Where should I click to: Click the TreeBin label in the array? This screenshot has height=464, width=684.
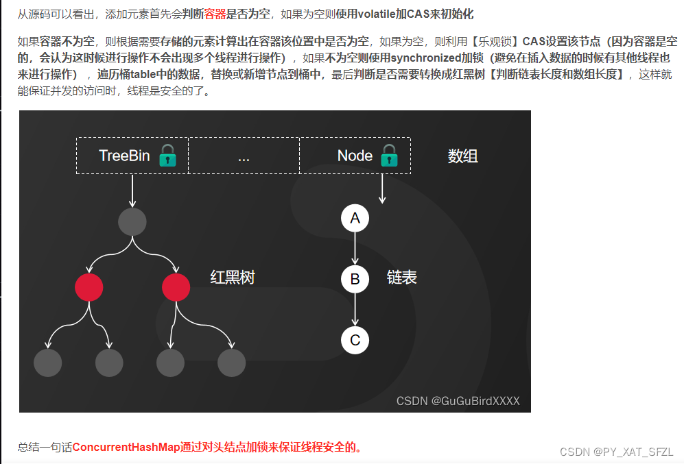[x=124, y=156]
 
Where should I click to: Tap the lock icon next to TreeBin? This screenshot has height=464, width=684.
[x=167, y=156]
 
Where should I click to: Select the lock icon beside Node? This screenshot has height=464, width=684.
[x=389, y=156]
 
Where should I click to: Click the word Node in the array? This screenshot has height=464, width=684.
[x=355, y=156]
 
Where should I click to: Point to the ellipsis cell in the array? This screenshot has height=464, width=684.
[x=244, y=157]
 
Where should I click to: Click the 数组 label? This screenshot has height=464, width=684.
[x=462, y=156]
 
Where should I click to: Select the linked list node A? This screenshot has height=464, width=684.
[x=355, y=219]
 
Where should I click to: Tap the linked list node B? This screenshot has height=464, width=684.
[x=355, y=280]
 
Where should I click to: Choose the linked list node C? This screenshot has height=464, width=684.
[x=355, y=341]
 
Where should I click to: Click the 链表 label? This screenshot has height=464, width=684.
[x=402, y=278]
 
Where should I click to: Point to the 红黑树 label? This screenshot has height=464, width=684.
[x=233, y=278]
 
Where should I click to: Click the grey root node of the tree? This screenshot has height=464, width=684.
[x=132, y=222]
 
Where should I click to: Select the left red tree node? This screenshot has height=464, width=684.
[x=89, y=287]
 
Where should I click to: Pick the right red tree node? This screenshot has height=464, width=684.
[x=176, y=287]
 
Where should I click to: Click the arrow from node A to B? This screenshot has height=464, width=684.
[x=355, y=249]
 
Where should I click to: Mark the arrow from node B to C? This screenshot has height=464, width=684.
[x=355, y=310]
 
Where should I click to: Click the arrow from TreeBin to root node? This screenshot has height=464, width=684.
[x=132, y=190]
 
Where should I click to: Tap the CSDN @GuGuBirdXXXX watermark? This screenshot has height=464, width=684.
[x=458, y=401]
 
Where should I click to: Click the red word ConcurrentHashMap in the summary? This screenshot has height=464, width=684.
[x=126, y=448]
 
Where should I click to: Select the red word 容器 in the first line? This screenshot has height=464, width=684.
[x=215, y=14]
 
